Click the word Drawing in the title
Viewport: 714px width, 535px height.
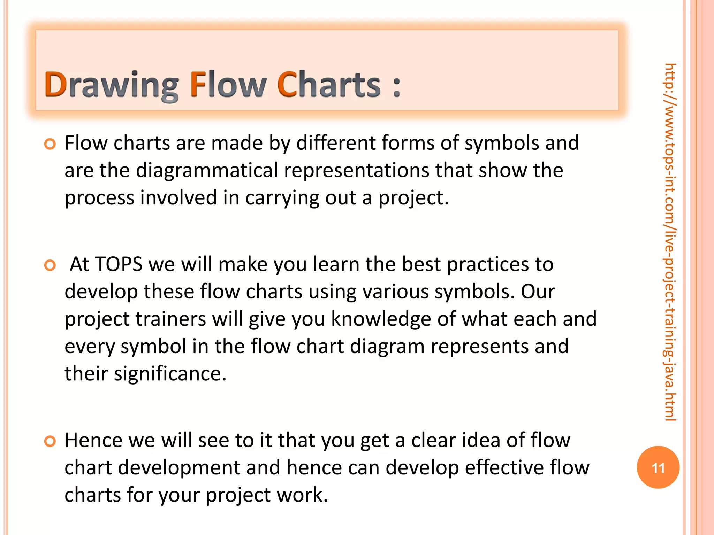(x=111, y=85)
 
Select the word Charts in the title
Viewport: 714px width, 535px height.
(x=329, y=84)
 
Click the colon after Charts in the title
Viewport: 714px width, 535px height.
(x=396, y=87)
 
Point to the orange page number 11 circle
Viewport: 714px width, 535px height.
(x=658, y=467)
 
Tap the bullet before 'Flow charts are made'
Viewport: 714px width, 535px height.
(x=50, y=144)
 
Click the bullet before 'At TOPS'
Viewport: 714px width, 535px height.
(x=50, y=265)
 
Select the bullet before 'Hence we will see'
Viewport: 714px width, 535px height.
(x=50, y=441)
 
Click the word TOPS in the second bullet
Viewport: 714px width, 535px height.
(x=119, y=264)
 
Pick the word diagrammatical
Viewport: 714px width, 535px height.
(x=207, y=171)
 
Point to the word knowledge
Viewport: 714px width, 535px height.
(x=381, y=319)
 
